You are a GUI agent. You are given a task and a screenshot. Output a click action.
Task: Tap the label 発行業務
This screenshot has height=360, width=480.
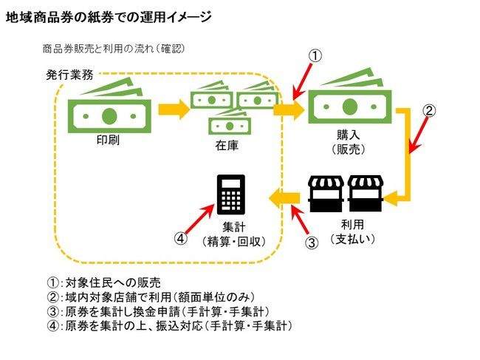69,75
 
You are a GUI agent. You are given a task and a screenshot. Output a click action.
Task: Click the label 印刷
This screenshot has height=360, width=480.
108,140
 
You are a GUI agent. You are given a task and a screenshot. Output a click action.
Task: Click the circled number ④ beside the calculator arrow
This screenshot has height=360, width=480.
179,238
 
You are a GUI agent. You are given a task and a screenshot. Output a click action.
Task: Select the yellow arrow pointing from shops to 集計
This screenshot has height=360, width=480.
284,196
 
